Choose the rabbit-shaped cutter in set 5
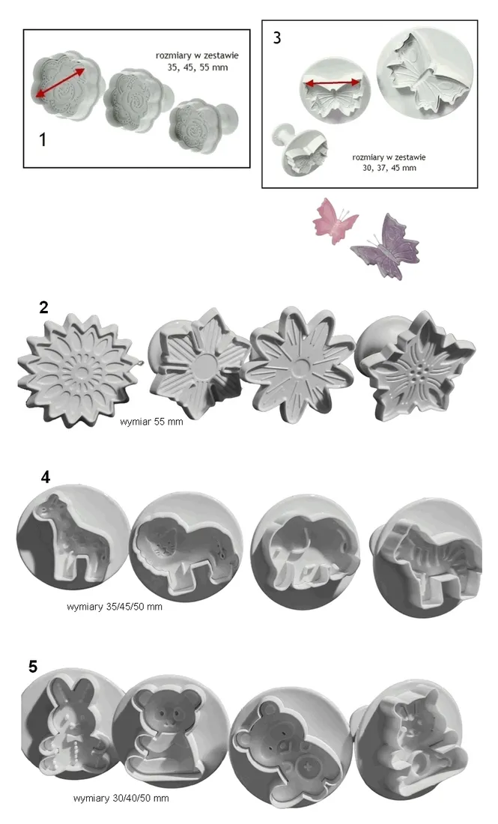[x=73, y=728]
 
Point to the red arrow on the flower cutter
[x=60, y=82]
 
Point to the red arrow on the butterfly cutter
[x=333, y=82]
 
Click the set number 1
[x=43, y=139]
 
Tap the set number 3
[x=277, y=37]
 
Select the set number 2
[x=43, y=307]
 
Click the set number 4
[x=46, y=476]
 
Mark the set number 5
[x=33, y=667]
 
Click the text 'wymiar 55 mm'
[x=151, y=422]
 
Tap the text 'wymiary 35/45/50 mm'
[x=115, y=607]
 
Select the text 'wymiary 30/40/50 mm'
[x=121, y=798]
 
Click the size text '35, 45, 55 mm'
[x=198, y=67]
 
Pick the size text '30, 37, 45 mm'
[x=389, y=168]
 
